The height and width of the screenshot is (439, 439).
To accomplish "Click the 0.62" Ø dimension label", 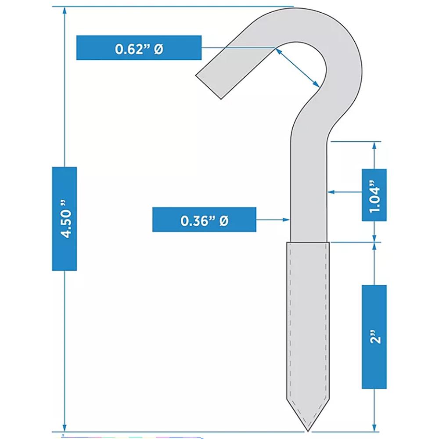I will (139, 47).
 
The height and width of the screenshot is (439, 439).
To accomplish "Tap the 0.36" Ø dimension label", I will (204, 219).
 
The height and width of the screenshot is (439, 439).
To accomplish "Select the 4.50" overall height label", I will (65, 219).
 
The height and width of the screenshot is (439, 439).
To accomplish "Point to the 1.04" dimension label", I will (374, 194).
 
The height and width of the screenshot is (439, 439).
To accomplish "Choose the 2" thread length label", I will (374, 337).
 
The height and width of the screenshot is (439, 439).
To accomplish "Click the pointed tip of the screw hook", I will (308, 429).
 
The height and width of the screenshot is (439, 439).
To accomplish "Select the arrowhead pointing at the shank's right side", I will (331, 192).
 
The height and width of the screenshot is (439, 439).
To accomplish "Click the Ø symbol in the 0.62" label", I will (158, 48).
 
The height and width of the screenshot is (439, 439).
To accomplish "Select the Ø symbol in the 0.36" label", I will (223, 220).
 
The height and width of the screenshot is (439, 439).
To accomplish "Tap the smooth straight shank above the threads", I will (309, 193).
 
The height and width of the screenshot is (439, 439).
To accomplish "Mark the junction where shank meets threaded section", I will (309, 242).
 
